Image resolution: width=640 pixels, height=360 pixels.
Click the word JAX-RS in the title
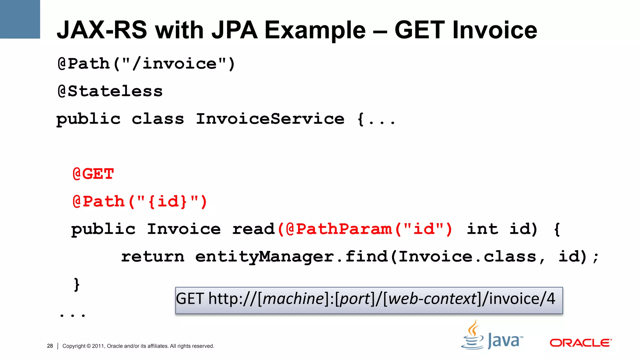click(102, 30)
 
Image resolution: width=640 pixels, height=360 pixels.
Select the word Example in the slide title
click(315, 30)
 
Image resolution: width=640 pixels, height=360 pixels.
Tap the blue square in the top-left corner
click(20, 19)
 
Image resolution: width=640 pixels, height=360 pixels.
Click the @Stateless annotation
click(110, 91)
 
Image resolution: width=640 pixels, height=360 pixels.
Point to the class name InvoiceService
click(270, 119)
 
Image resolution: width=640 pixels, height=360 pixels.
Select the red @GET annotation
click(93, 174)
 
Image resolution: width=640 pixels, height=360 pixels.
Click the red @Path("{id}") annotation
click(140, 202)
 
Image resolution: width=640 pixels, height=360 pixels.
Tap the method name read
click(253, 229)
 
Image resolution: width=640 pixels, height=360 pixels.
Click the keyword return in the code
click(152, 257)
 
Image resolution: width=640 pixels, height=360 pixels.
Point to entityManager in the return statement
click(264, 257)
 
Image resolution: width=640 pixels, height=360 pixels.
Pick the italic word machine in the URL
click(293, 299)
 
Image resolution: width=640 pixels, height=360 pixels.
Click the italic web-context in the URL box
click(432, 299)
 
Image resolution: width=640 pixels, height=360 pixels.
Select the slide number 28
click(50, 346)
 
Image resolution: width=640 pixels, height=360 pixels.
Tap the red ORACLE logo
click(580, 343)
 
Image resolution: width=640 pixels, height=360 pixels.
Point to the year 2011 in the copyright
click(98, 346)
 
